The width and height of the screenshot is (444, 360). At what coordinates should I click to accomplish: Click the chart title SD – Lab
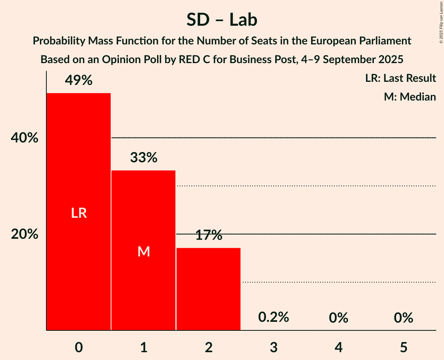(222, 19)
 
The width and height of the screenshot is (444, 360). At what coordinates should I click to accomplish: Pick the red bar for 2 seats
(209, 289)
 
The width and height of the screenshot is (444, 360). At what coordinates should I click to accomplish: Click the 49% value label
(79, 81)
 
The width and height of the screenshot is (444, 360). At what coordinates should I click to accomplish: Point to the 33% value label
(144, 158)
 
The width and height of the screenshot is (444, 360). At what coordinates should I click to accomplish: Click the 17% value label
(209, 235)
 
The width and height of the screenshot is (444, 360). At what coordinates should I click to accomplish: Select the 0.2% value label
(274, 317)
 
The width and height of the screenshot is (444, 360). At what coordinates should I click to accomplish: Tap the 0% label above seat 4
(338, 318)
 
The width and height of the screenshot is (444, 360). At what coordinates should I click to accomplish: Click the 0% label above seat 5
(403, 318)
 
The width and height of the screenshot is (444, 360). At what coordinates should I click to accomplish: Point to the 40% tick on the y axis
(25, 138)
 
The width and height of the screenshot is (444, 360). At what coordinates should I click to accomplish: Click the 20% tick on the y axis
(25, 234)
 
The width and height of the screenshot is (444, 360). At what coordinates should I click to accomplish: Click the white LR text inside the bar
(79, 213)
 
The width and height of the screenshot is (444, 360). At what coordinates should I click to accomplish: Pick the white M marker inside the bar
(144, 252)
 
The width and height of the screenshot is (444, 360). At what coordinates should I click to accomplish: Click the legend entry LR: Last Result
(400, 78)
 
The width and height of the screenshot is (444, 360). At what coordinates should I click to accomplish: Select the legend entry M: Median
(410, 97)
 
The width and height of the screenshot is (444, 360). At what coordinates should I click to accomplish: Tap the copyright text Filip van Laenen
(441, 16)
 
